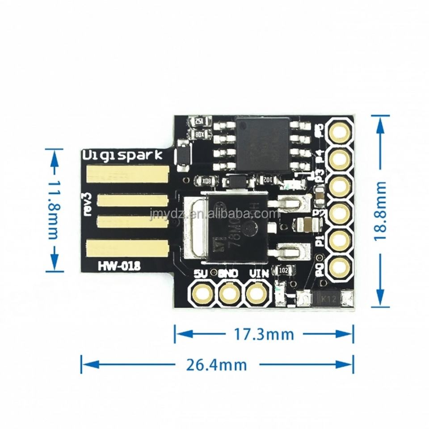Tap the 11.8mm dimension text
point(54,210)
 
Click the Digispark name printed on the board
point(126,155)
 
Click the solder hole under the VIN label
point(256,294)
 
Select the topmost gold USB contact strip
point(127,173)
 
